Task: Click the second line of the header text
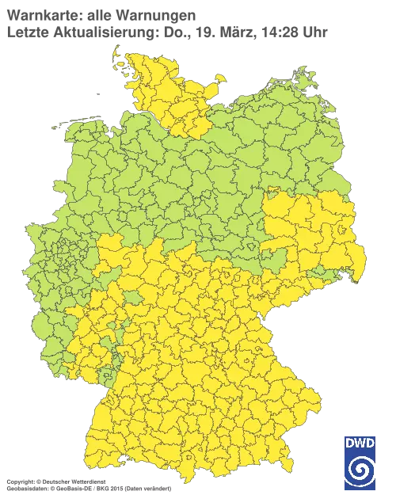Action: (166, 32)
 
